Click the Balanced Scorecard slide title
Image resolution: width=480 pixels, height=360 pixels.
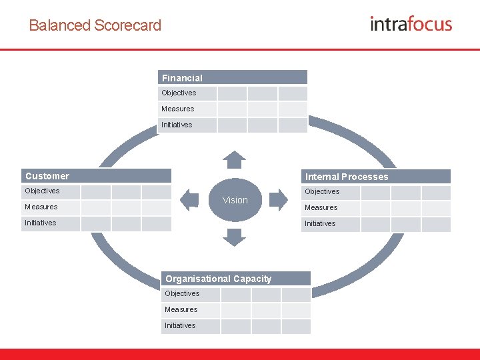tap(95, 25)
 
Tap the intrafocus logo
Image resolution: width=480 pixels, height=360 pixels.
tap(411, 24)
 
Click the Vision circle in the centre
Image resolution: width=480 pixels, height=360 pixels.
tap(235, 200)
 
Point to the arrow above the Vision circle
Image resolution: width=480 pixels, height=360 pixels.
tap(234, 160)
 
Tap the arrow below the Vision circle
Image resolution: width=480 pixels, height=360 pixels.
tap(234, 237)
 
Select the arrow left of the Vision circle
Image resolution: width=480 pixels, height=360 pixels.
tap(190, 199)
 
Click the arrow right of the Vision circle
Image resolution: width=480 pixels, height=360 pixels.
tap(279, 199)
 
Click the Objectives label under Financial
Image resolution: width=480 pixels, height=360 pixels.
tap(179, 93)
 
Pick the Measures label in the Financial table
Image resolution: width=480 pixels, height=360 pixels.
tap(178, 109)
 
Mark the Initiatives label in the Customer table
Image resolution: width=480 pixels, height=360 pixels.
tap(41, 223)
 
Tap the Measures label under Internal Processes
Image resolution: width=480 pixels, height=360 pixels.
tap(321, 207)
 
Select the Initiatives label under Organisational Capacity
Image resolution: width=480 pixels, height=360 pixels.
tap(180, 325)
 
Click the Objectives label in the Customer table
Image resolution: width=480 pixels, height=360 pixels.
tap(42, 191)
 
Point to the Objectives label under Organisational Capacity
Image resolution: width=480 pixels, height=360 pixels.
tap(182, 293)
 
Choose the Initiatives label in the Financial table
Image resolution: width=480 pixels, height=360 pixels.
tap(177, 125)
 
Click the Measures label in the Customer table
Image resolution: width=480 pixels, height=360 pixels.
tap(41, 207)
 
